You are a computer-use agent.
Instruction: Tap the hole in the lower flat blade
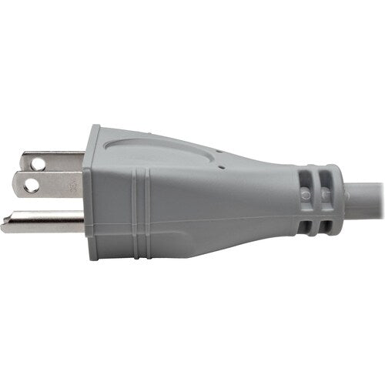click(x=32, y=186)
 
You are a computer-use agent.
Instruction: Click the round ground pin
click(x=46, y=224)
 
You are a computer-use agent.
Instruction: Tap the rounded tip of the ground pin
click(x=5, y=226)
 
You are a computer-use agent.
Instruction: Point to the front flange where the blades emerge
click(x=92, y=192)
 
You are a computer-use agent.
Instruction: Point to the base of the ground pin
click(x=82, y=224)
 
